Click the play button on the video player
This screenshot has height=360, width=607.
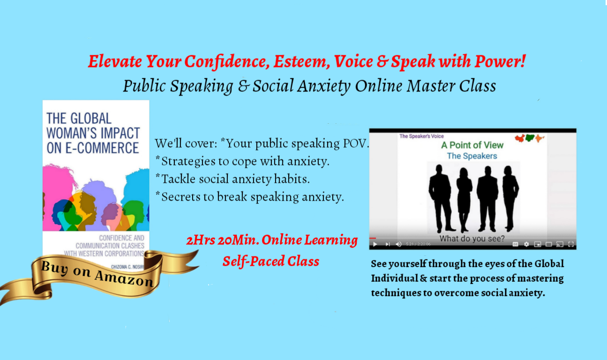(x=375, y=244)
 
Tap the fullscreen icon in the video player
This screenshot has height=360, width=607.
(x=570, y=244)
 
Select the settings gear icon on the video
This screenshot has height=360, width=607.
(x=526, y=244)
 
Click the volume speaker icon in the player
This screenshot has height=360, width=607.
(x=398, y=244)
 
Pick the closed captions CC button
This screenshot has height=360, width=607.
(x=515, y=244)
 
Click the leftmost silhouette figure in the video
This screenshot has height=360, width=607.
(x=441, y=197)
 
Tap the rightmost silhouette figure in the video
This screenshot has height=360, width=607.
(x=510, y=197)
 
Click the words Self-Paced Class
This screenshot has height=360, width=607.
(x=270, y=261)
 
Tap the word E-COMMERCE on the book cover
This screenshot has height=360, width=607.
(x=93, y=148)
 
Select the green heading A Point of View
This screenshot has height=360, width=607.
(x=472, y=145)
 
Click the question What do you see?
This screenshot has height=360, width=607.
(x=472, y=239)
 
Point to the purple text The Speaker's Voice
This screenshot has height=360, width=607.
(x=421, y=136)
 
